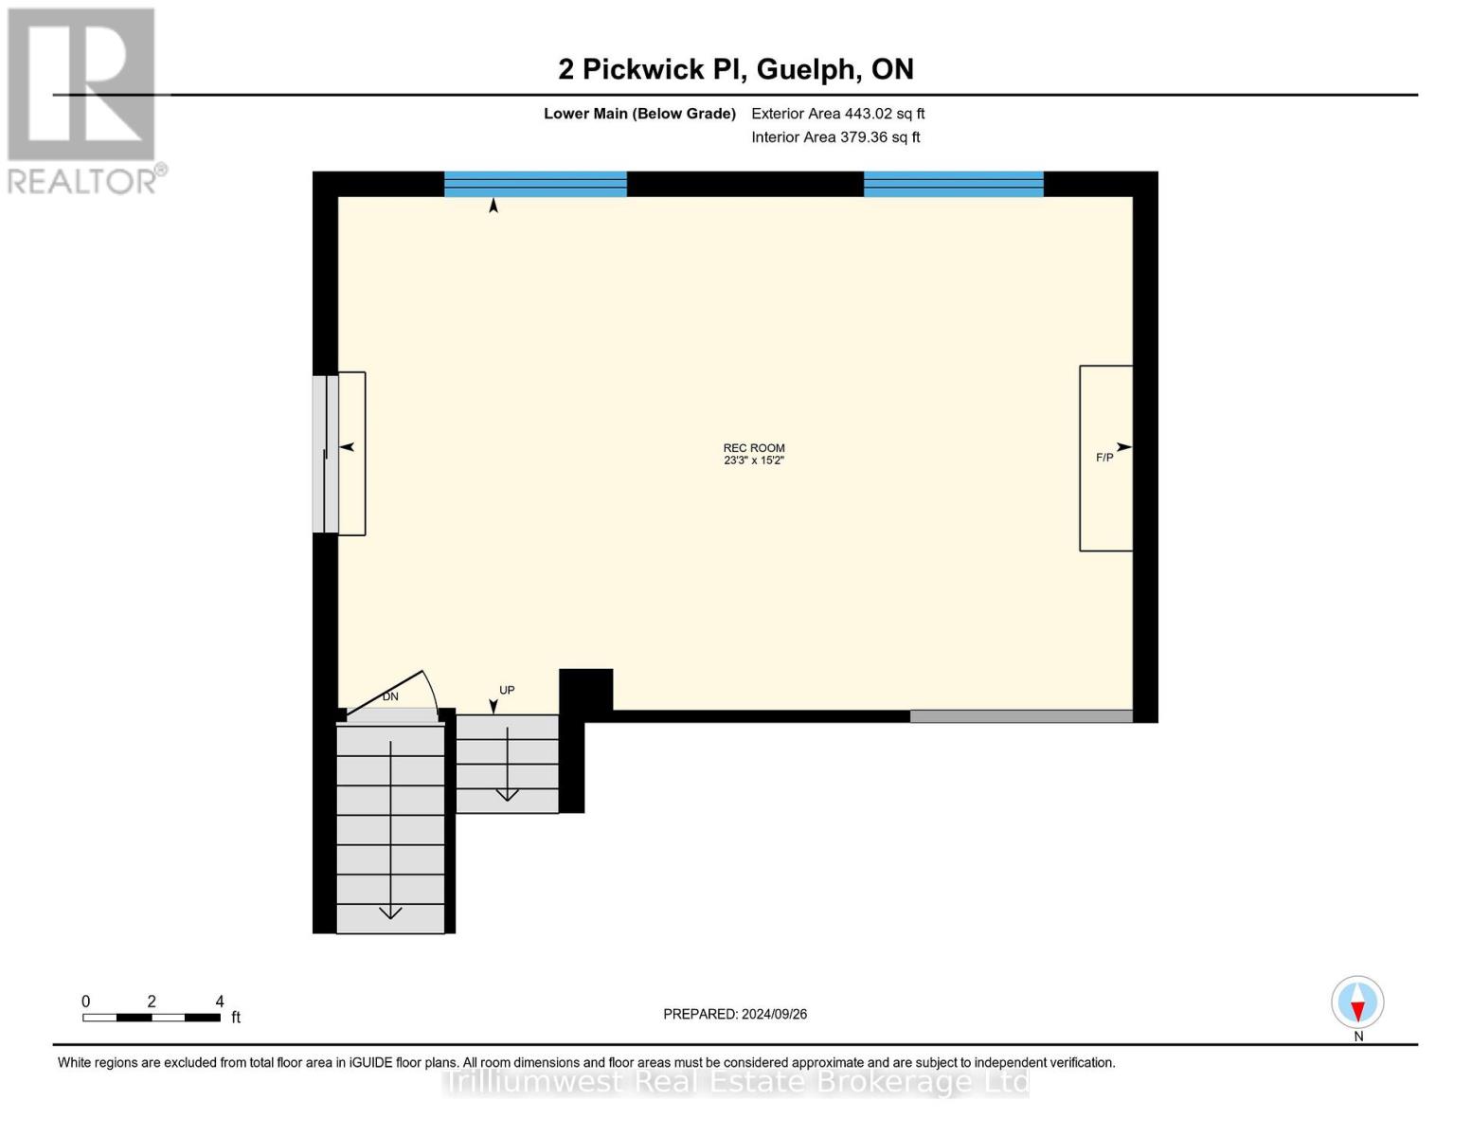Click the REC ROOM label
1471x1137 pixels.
tap(754, 448)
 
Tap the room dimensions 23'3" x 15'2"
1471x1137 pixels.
tap(754, 460)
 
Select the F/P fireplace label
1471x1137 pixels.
tap(1104, 458)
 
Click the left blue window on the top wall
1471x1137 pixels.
tap(535, 184)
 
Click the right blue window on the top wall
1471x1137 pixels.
tap(953, 184)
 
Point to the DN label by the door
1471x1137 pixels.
tap(390, 696)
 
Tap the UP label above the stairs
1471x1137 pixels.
tap(507, 690)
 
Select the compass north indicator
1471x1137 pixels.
tap(1357, 1002)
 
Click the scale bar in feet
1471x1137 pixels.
tap(152, 1018)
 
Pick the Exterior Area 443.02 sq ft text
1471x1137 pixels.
tap(837, 114)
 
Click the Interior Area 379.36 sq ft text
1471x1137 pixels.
tap(835, 137)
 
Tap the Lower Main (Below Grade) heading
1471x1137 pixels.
tap(639, 114)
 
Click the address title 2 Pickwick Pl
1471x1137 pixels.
tap(736, 69)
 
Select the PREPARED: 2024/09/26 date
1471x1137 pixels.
tap(735, 1014)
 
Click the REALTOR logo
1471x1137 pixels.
tap(82, 99)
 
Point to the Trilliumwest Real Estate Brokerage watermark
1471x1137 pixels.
tap(736, 1081)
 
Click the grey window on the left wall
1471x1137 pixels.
tap(325, 454)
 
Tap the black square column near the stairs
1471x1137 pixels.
tap(585, 689)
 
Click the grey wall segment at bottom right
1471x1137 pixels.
tap(1021, 716)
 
